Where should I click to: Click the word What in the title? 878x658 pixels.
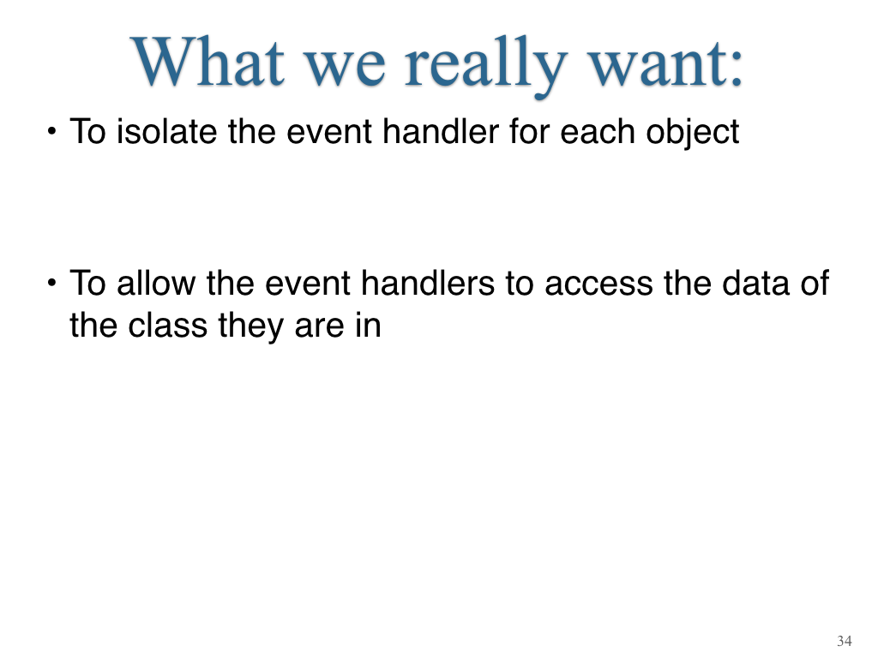pos(207,62)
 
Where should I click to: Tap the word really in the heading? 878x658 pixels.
pos(485,65)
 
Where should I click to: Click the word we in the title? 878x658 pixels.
pos(345,69)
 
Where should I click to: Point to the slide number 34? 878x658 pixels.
pos(845,641)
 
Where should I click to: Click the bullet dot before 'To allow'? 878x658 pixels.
pos(51,283)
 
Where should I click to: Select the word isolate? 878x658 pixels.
pos(166,132)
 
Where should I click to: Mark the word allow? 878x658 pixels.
pos(156,283)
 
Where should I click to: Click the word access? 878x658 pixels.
pos(598,285)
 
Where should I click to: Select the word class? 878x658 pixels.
pos(167,326)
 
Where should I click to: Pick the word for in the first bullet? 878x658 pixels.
pos(529,132)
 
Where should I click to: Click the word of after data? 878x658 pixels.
pos(815,283)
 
